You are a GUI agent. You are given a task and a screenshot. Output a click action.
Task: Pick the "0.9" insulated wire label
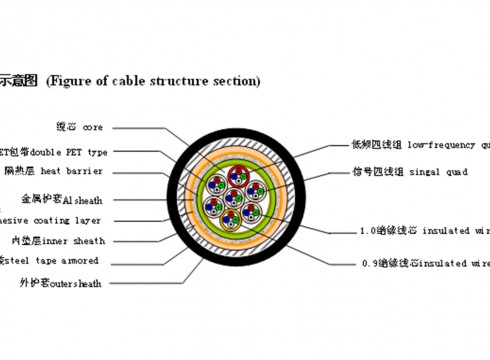click(425, 264)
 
